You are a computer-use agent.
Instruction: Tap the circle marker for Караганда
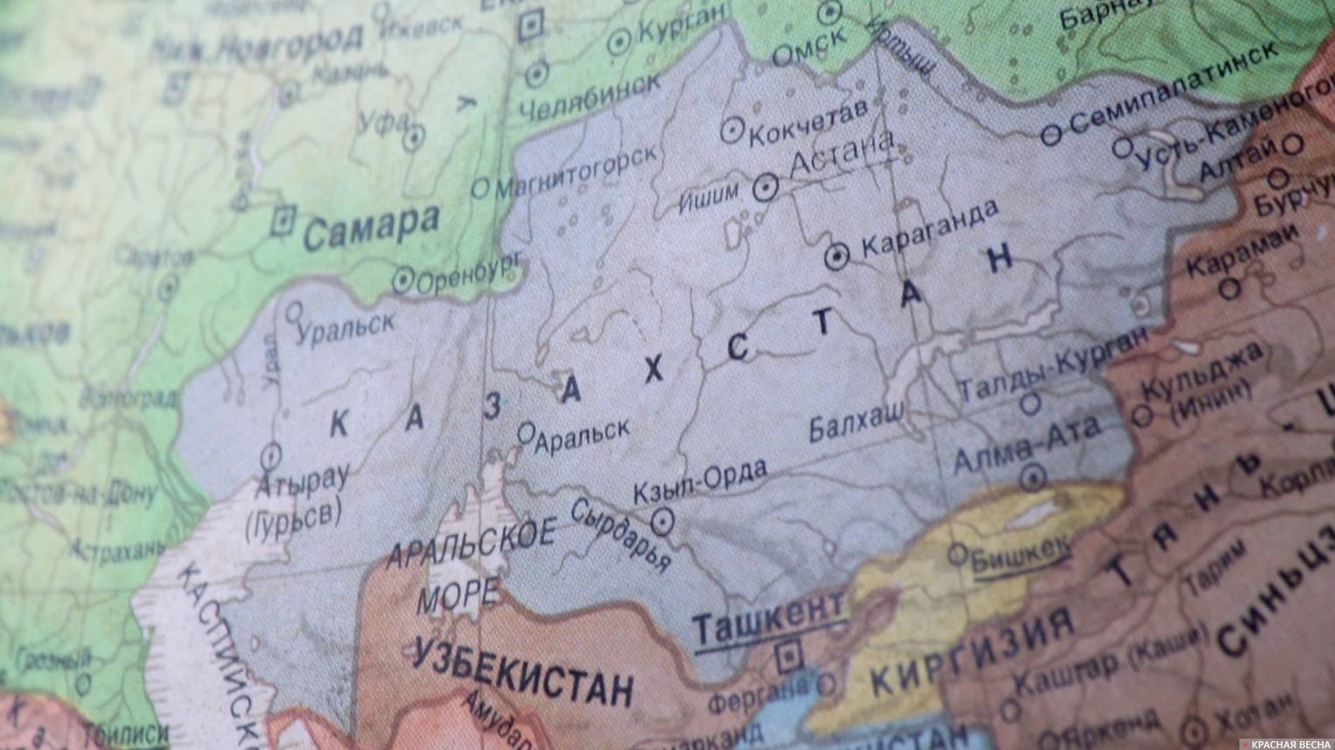tap(838, 255)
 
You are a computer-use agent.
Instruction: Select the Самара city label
tap(371, 225)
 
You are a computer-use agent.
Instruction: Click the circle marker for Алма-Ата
tap(1032, 477)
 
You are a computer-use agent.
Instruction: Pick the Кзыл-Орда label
tap(699, 482)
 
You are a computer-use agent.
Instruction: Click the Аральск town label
tap(582, 434)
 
